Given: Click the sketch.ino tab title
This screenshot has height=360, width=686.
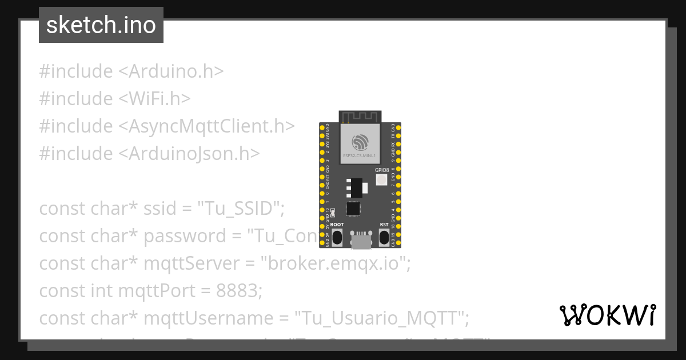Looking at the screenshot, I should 101,25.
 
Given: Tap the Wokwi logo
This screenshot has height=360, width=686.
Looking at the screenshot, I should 607,315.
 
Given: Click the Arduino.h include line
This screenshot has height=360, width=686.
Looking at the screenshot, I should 131,71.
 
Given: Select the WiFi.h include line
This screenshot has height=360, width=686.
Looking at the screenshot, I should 114,99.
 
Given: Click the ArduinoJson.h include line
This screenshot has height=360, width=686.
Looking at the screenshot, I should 149,154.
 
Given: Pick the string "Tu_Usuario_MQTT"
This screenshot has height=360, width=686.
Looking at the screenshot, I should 381,318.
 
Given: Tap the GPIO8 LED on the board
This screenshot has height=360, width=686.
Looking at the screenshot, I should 381,180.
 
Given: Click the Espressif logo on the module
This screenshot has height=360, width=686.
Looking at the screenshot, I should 360,141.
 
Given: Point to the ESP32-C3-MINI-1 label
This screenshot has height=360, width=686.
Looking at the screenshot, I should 360,155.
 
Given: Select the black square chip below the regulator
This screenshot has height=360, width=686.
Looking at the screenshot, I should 353,209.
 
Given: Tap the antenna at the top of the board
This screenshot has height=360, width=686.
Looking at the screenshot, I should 360,117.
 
